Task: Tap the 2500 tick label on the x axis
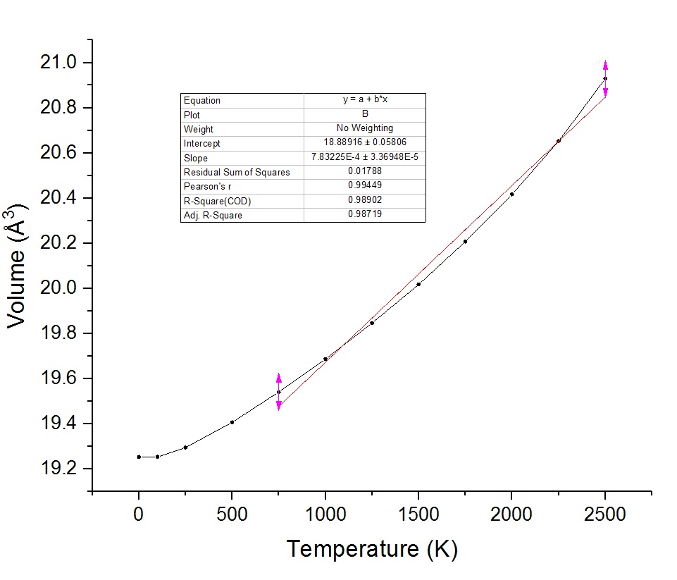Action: [x=604, y=514]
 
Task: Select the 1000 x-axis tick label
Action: [x=325, y=514]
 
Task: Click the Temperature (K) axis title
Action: [x=371, y=548]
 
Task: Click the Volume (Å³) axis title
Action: [x=18, y=265]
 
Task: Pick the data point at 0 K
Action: [x=139, y=457]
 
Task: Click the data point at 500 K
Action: [x=232, y=422]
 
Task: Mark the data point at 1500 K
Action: [x=418, y=284]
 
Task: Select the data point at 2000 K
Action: [x=511, y=194]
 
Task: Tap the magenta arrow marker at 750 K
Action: [x=279, y=392]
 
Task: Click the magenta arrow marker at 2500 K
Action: [x=605, y=78]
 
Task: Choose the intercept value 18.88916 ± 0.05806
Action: [x=365, y=143]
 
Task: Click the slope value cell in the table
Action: [x=365, y=158]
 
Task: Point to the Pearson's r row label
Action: [x=204, y=186]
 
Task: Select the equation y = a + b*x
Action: [x=365, y=100]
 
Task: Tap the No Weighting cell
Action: [x=365, y=129]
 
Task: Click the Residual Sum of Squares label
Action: [x=237, y=172]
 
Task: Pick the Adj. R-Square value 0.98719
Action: [x=365, y=215]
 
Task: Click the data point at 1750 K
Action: [x=465, y=242]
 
